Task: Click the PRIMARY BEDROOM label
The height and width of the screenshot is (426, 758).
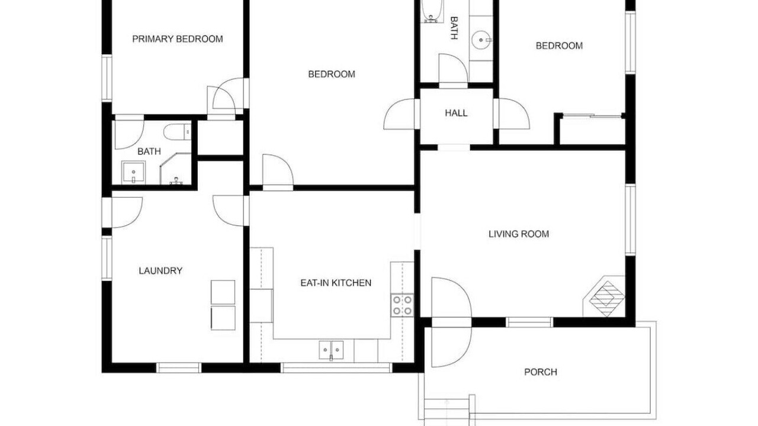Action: tap(177, 39)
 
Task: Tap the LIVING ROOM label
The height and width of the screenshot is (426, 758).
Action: tap(519, 234)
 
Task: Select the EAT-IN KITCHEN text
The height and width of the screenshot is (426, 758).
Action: tap(336, 283)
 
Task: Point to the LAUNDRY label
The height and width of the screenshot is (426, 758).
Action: tap(160, 271)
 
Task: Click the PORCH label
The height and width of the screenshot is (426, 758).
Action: tap(541, 372)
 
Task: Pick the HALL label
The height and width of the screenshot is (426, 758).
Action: tap(456, 113)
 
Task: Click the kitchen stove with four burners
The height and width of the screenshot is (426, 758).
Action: tap(402, 305)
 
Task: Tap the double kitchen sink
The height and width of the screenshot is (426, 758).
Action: tap(331, 350)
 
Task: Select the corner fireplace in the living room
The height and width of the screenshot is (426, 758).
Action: tap(605, 296)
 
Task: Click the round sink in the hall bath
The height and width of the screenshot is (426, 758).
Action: tap(481, 40)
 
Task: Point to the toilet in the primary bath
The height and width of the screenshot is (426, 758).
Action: tap(177, 132)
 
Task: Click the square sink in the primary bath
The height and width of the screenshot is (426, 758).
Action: tap(134, 172)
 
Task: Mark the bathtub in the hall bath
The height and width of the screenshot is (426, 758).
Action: tap(432, 11)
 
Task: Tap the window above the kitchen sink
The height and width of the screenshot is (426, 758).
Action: tap(336, 368)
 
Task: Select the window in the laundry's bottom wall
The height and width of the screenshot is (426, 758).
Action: tap(179, 368)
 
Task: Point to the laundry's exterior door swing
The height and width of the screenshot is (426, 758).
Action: tap(127, 212)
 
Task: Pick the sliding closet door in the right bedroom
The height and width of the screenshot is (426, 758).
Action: tap(593, 116)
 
